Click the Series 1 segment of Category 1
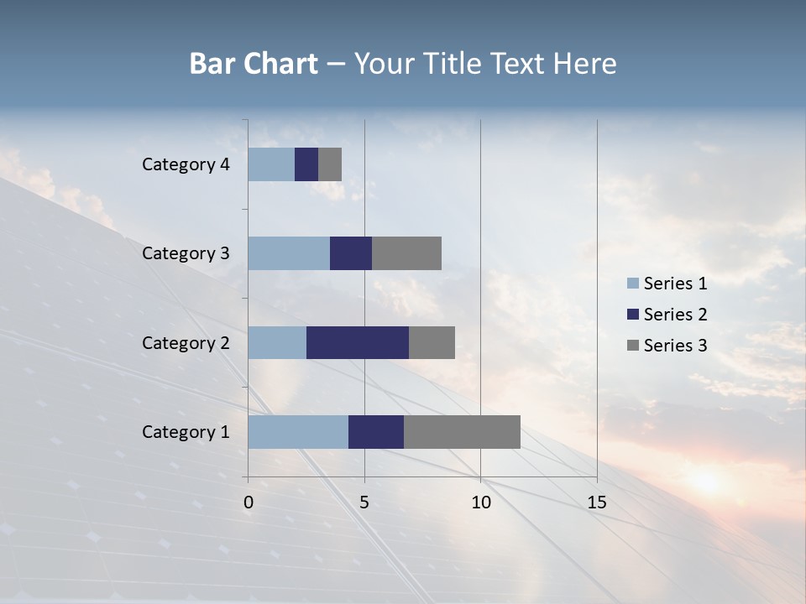coord(298,432)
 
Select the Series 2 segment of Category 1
coord(376,432)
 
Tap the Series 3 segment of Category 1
coord(462,432)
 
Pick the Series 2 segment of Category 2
coord(358,342)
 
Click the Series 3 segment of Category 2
coord(432,342)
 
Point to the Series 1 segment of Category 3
coord(289,253)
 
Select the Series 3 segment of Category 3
coord(406,253)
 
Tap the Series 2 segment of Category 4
coord(306,164)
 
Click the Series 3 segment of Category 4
coord(330,164)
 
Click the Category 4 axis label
coord(186,164)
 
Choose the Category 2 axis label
coord(186,342)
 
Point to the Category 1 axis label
coord(186,432)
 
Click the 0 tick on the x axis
coord(249,502)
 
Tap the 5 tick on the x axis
coord(364,502)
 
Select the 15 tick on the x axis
coord(596,502)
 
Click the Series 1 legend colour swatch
coord(633,284)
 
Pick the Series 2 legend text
coord(675,315)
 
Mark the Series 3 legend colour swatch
coord(633,346)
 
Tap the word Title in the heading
coord(453,64)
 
